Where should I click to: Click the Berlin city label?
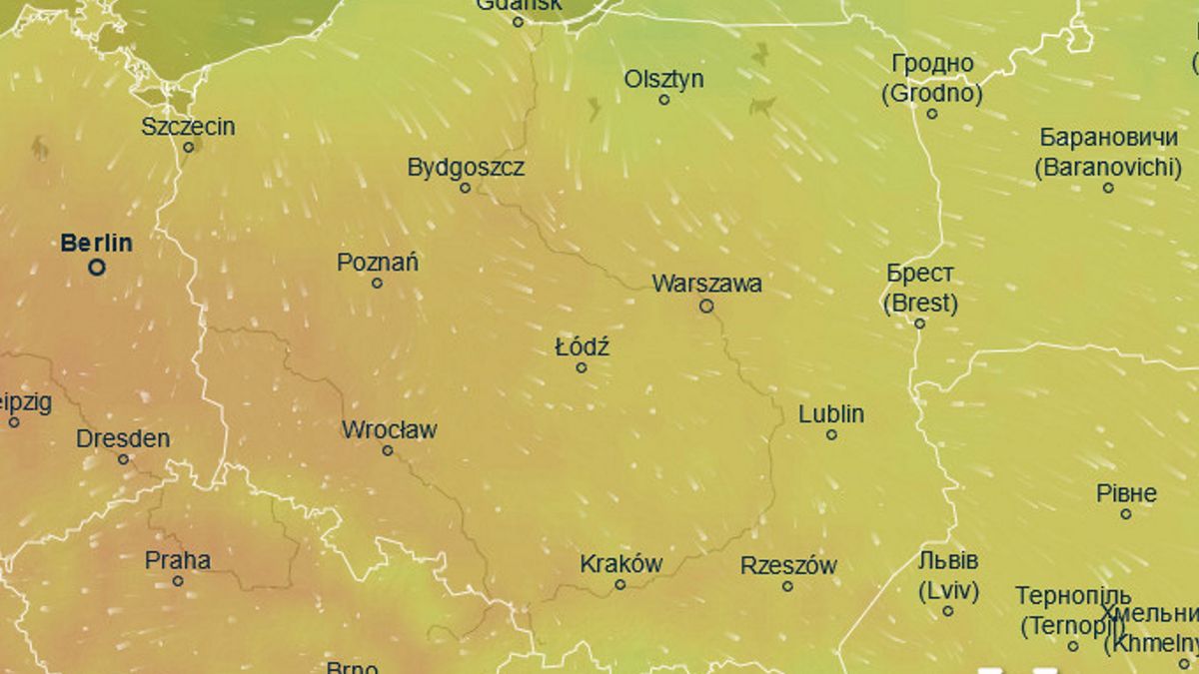point(96,243)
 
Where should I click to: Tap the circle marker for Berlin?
point(97,268)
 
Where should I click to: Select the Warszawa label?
point(706,284)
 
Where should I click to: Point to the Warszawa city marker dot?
point(706,307)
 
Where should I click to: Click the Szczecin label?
point(188,127)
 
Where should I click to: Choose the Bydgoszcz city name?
point(465,168)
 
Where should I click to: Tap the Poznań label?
point(377,263)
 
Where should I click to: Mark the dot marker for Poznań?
point(377,284)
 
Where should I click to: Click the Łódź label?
point(582,347)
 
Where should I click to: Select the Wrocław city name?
point(389,430)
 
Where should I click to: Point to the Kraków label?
point(620,564)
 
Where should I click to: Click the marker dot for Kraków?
point(620,585)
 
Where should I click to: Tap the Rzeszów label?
point(787,566)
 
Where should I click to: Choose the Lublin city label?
point(831,414)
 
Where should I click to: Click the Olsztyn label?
point(663,79)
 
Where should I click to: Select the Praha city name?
point(178,560)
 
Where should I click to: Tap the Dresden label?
point(123,439)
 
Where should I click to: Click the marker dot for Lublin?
point(831,435)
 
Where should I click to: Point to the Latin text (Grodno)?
point(931,95)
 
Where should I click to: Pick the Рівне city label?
point(1126,493)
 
